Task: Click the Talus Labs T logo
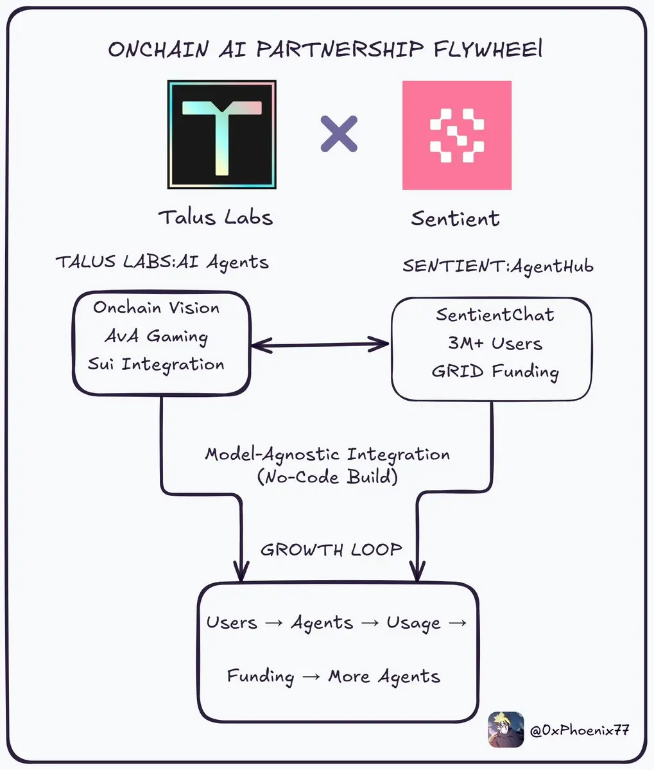[x=221, y=135]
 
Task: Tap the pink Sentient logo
[x=456, y=135]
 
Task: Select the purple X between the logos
[x=339, y=134]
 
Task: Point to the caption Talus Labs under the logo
[x=216, y=217]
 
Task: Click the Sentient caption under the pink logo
[x=455, y=218]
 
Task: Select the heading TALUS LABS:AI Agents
[x=162, y=262]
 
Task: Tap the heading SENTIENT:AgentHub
[x=498, y=265]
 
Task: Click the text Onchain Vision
[x=156, y=308]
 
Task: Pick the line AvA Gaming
[x=157, y=336]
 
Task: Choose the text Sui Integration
[x=156, y=364]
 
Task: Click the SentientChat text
[x=495, y=315]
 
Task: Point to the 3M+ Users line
[x=495, y=343]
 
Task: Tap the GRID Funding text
[x=495, y=372]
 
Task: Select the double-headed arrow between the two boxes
[x=320, y=345]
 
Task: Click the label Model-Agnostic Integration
[x=327, y=455]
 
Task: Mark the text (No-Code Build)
[x=327, y=477]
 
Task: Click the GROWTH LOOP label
[x=331, y=550]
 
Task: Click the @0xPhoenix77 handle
[x=579, y=730]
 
